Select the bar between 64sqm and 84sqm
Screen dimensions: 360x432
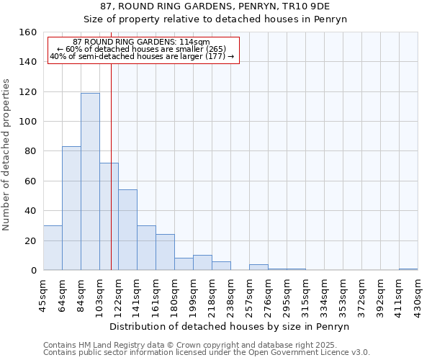(x=71, y=208)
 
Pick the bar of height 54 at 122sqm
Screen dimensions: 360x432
(x=127, y=230)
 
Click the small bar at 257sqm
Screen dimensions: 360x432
(x=258, y=267)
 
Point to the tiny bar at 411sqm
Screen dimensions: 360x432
(x=408, y=269)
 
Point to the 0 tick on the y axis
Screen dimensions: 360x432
(x=33, y=271)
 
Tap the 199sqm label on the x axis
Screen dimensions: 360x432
(x=194, y=293)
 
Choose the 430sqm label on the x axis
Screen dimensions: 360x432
(x=418, y=293)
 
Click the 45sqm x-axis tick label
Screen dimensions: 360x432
(x=43, y=292)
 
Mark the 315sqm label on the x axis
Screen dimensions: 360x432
(x=305, y=293)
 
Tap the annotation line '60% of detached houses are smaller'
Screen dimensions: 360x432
(x=141, y=49)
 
